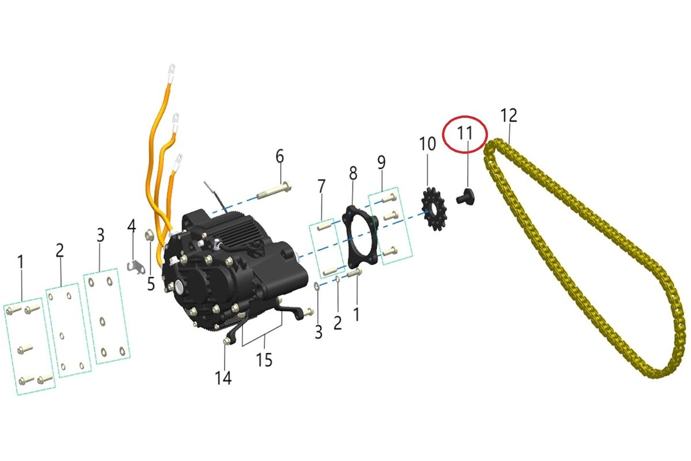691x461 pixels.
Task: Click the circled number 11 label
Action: pos(465,133)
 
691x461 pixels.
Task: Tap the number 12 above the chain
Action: pos(508,115)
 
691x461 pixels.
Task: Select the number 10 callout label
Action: pos(427,143)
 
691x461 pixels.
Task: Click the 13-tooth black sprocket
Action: pos(434,209)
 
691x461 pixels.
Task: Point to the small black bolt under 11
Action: pos(466,197)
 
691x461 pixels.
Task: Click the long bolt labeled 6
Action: pos(275,190)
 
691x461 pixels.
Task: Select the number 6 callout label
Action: pos(279,156)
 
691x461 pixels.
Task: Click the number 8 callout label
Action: pos(353,173)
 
